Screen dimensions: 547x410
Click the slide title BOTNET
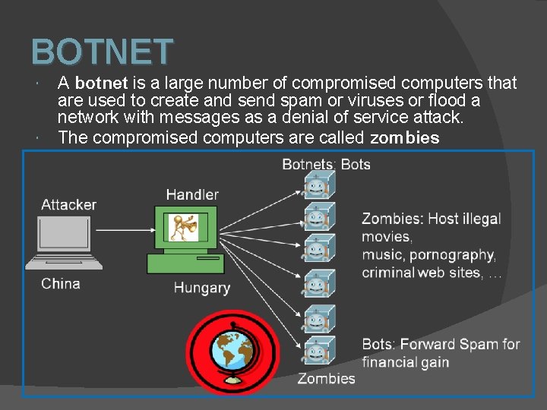coord(103,52)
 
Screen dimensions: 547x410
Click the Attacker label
coord(68,204)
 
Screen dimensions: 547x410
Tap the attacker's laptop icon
coord(63,241)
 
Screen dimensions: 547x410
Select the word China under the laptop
coord(61,283)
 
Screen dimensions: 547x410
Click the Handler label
coord(192,194)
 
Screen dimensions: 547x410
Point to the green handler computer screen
coord(185,229)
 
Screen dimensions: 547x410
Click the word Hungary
coord(201,288)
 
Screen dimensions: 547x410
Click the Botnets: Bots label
coord(326,164)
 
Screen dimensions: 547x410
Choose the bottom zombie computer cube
coord(316,351)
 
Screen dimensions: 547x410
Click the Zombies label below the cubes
coord(326,378)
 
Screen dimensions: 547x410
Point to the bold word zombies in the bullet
coord(404,138)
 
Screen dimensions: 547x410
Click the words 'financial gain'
coord(405,362)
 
